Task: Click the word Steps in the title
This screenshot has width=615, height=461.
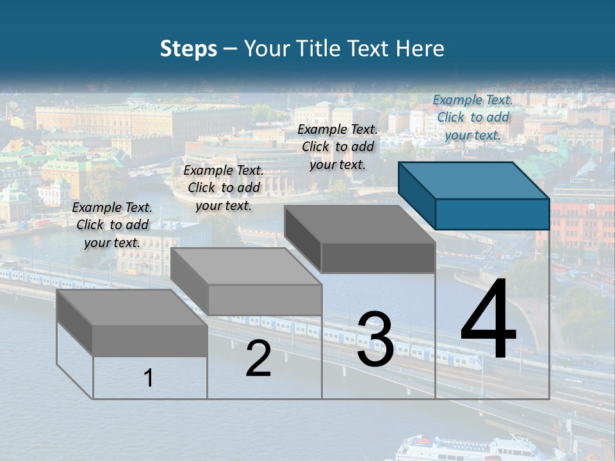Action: coord(188,49)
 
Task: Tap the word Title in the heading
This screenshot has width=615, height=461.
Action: coord(317,49)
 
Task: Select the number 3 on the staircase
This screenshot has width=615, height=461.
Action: coord(375,339)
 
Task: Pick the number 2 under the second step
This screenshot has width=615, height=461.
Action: coord(258,359)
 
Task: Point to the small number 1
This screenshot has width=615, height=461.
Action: coord(149,378)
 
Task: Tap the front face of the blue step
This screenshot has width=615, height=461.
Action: coord(492,214)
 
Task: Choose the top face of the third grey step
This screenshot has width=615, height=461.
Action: coord(359,224)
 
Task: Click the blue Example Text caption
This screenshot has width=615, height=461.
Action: coord(473,117)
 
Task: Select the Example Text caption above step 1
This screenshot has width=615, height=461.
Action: coord(112,225)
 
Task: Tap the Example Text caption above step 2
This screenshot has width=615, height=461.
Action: coord(224,188)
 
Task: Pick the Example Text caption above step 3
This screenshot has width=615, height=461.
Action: coord(338,147)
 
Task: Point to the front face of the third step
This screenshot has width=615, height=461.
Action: coord(378,258)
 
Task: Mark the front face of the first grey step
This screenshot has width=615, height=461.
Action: coord(150,341)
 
